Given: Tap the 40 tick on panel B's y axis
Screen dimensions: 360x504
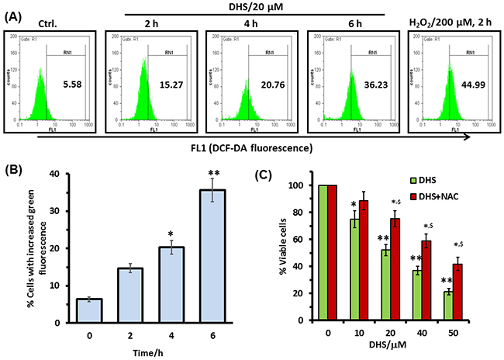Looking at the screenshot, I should pyautogui.click(x=40, y=174).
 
